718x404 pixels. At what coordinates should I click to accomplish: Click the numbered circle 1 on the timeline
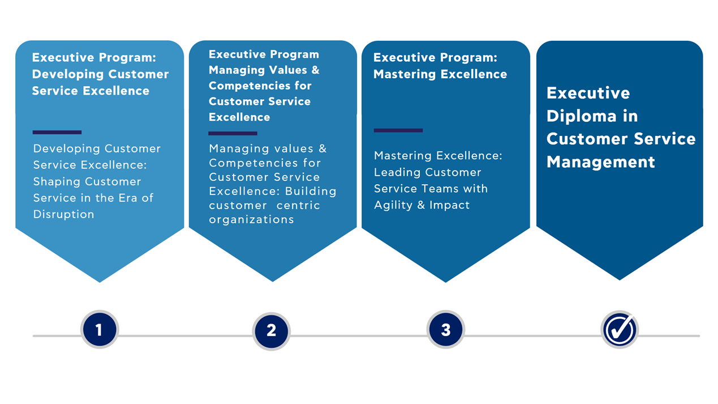[100, 329]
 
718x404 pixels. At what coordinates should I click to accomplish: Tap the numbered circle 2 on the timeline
[272, 330]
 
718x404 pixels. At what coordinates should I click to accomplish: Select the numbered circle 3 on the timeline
[446, 329]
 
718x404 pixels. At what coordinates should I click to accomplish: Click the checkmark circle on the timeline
[620, 329]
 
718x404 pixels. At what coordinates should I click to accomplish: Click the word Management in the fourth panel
[600, 162]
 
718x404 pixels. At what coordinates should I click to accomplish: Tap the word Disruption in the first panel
[63, 214]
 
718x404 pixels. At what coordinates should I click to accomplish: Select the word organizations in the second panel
[251, 219]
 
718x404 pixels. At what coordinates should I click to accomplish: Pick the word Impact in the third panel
[449, 205]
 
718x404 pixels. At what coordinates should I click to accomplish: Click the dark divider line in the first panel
[57, 132]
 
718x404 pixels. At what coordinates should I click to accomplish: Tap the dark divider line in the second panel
[233, 133]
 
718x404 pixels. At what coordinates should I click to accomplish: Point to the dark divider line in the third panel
[398, 130]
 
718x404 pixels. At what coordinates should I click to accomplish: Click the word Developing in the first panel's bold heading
[68, 74]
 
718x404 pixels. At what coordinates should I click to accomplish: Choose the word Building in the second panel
[311, 191]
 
